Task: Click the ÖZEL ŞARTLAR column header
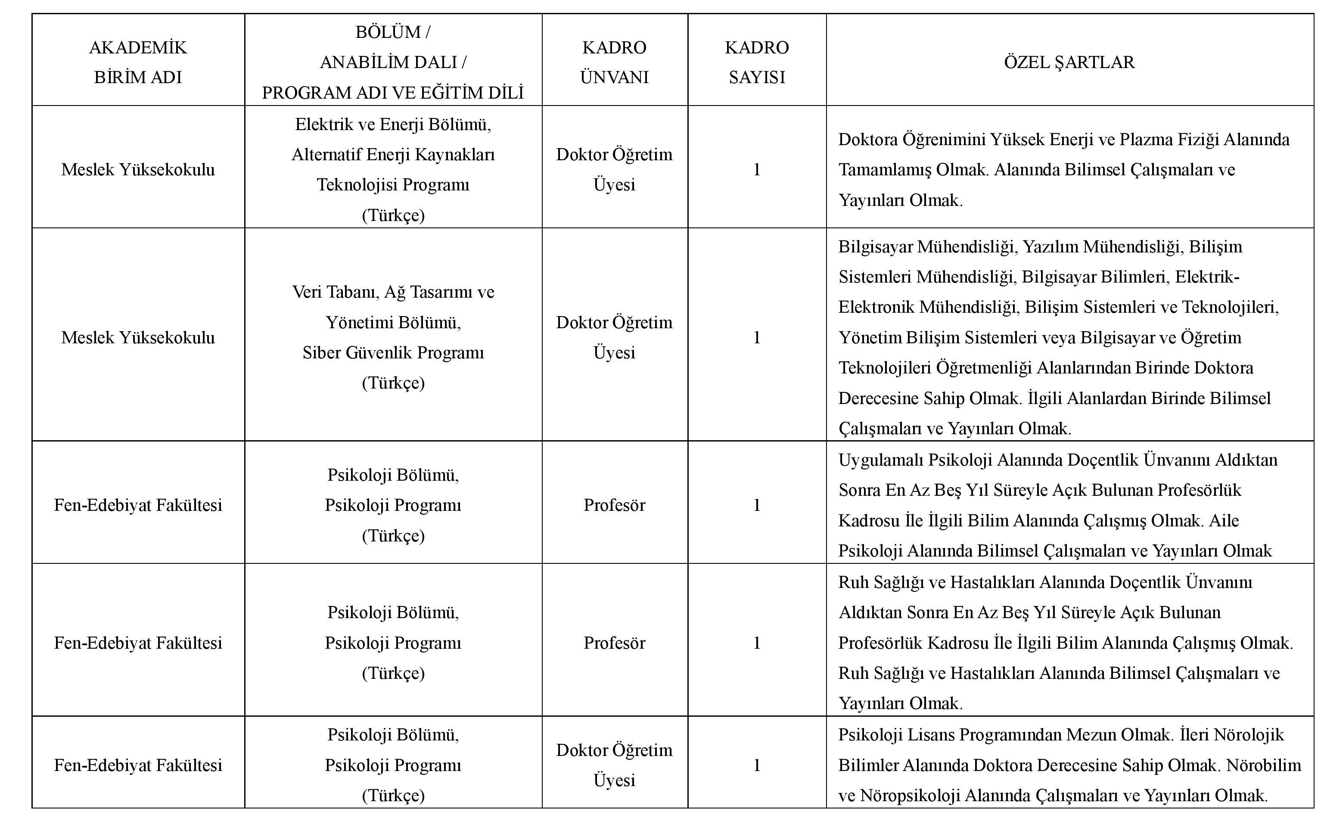(x=1069, y=62)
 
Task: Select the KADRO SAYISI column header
(x=757, y=62)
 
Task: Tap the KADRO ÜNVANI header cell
(x=614, y=62)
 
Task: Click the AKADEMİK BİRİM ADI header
(x=138, y=62)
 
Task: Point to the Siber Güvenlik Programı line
(x=393, y=353)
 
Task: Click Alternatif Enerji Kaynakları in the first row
(x=393, y=155)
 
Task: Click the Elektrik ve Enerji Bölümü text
(x=393, y=125)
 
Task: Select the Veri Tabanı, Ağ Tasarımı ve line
(x=393, y=292)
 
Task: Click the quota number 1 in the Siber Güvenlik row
(x=757, y=337)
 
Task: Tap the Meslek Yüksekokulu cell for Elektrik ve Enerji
(x=138, y=170)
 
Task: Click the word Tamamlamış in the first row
(x=884, y=170)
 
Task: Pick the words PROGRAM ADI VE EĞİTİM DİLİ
(x=393, y=93)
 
